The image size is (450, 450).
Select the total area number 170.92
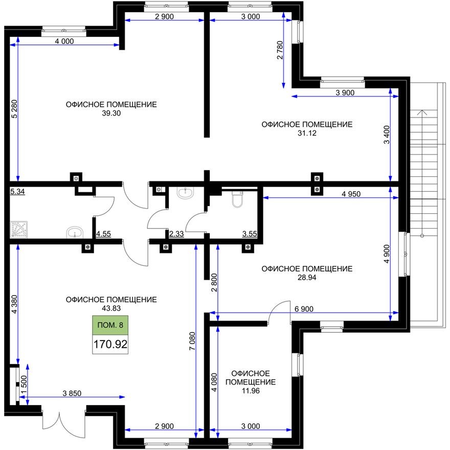(110, 345)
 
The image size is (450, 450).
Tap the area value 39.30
(111, 114)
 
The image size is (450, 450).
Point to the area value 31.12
(307, 133)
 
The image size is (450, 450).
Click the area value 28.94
(307, 278)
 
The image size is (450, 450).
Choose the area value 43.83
(111, 309)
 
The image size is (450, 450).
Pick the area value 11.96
(250, 392)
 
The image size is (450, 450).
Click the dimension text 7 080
(190, 340)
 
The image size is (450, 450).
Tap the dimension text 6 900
(304, 309)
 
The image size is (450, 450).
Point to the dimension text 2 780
(279, 51)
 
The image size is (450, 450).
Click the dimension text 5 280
(14, 109)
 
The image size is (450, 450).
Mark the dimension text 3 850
(72, 393)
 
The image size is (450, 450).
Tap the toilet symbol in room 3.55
(237, 199)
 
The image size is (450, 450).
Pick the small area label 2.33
(176, 234)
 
